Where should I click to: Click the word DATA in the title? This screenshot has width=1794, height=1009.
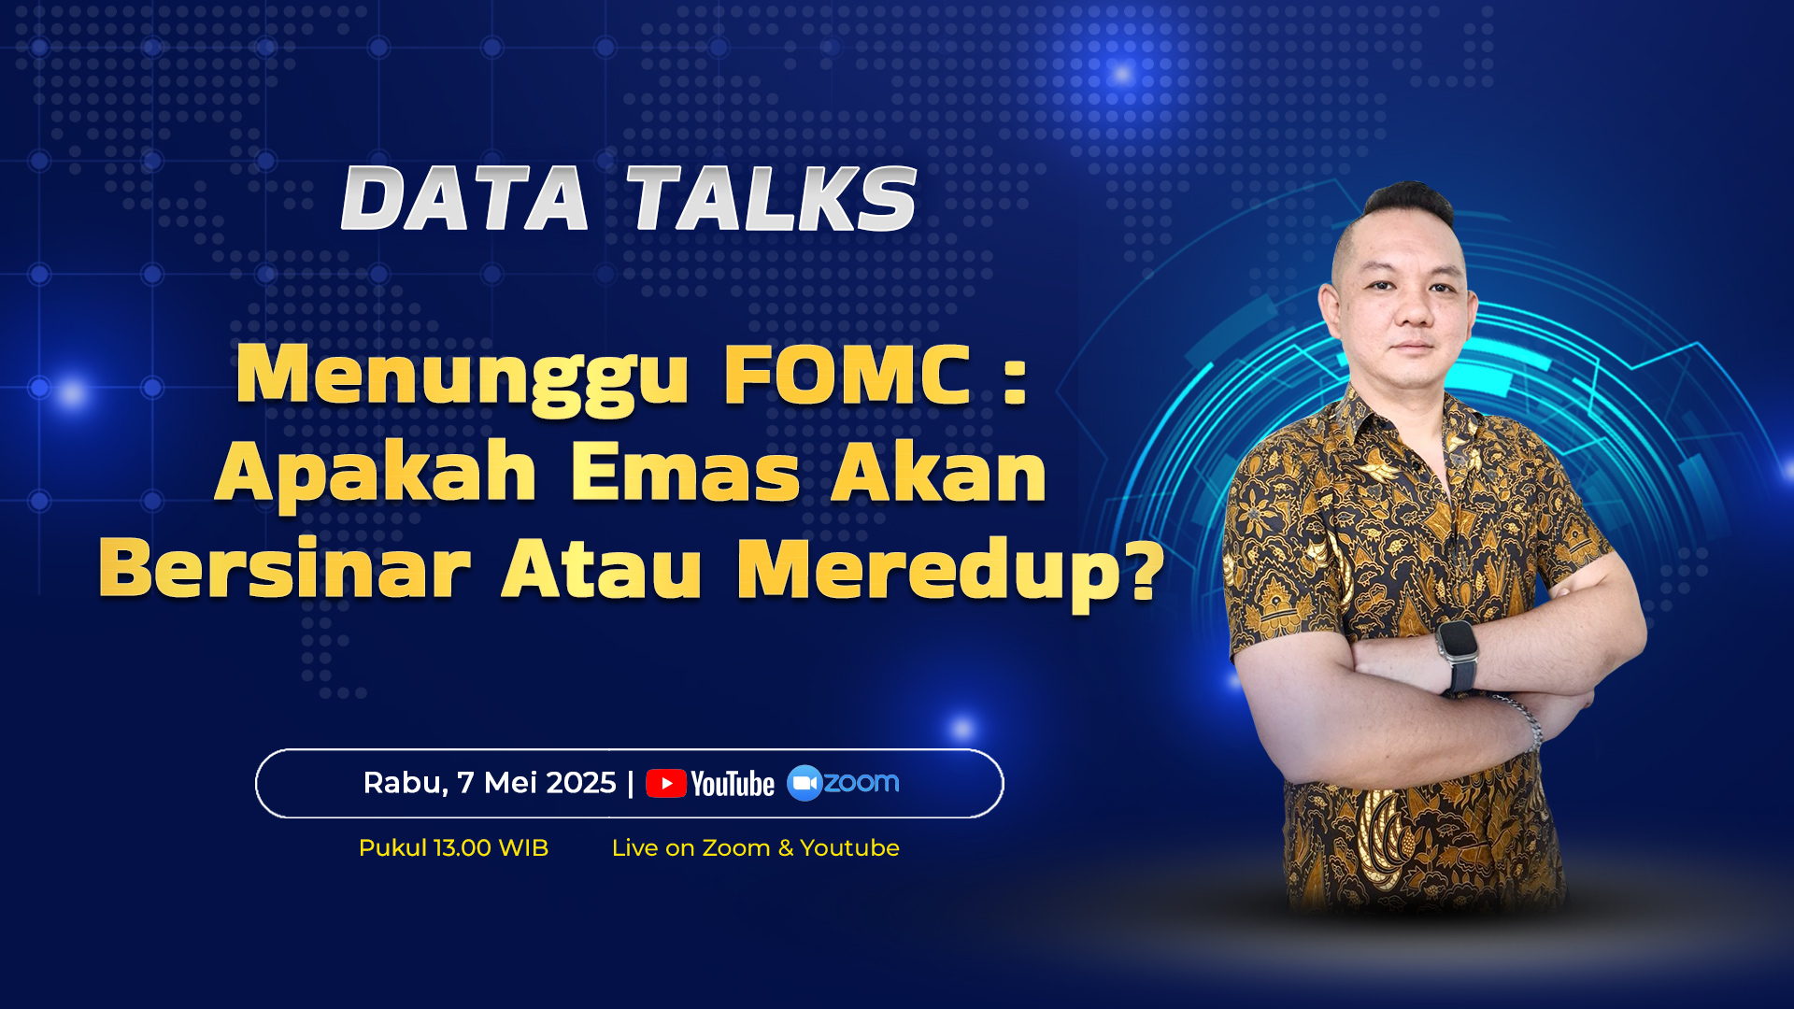point(464,198)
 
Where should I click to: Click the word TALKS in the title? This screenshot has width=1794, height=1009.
point(772,198)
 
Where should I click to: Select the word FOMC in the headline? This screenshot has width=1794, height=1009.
point(847,375)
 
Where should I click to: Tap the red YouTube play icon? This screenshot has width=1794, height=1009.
point(666,783)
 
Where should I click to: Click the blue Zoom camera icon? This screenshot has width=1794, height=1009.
point(804,783)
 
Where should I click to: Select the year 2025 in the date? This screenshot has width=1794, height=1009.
point(577,782)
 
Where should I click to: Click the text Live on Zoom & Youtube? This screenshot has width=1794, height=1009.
point(755,847)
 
